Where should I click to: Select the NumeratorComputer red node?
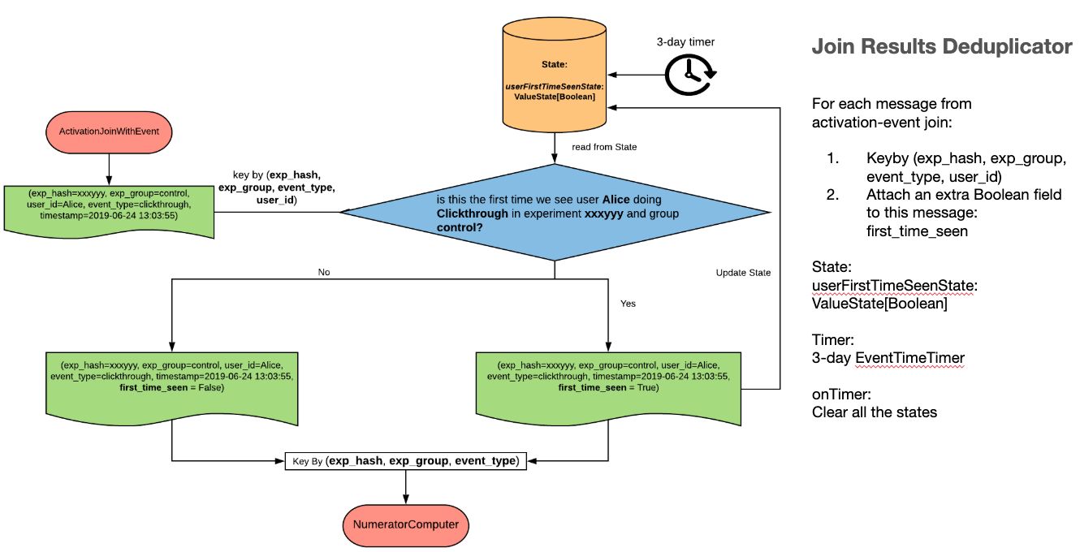405,524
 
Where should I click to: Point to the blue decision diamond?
555,212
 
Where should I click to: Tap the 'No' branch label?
324,272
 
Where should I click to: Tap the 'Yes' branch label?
628,304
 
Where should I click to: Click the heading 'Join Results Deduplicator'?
942,47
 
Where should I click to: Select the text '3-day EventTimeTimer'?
888,357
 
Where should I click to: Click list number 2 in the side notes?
832,195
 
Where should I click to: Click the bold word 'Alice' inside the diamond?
616,200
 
